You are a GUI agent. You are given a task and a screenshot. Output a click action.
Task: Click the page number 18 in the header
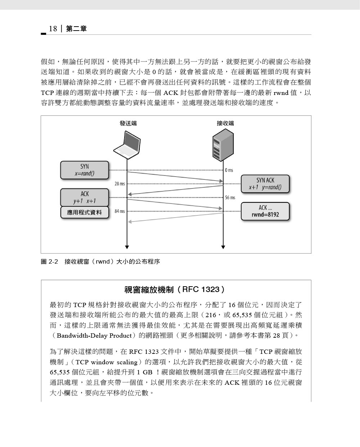tap(53, 29)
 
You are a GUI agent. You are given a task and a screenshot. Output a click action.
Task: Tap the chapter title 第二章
tap(76, 29)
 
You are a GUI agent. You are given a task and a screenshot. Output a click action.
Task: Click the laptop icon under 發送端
tap(127, 145)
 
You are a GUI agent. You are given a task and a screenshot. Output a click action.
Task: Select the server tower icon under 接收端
tap(223, 145)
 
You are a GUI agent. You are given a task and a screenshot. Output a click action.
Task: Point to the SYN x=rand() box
tap(85, 170)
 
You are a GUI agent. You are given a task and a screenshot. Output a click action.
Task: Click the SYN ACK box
tap(265, 184)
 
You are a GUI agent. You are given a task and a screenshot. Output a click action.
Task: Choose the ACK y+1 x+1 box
tap(85, 197)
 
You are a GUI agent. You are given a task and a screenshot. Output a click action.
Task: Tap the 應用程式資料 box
tap(85, 212)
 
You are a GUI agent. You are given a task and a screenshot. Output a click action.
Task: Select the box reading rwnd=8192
tap(265, 211)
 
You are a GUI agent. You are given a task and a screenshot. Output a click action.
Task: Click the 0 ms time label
tap(229, 170)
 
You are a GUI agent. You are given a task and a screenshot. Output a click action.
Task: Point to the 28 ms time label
tap(120, 184)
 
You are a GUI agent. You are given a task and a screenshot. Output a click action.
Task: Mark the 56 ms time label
tap(230, 197)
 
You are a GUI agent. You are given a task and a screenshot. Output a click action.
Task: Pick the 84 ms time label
tap(120, 211)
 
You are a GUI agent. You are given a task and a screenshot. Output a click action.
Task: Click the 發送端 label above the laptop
tap(128, 123)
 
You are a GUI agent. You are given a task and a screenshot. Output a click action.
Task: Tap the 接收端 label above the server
tap(225, 123)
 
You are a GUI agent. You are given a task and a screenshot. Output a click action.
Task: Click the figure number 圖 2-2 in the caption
tap(49, 261)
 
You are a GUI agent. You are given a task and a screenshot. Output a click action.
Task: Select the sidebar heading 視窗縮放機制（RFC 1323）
tap(175, 289)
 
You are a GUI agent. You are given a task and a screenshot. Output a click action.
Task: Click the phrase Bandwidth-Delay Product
tap(94, 336)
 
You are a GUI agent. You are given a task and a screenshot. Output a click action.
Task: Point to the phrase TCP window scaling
tap(107, 362)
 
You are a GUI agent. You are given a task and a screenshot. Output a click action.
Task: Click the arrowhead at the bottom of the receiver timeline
tap(223, 247)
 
